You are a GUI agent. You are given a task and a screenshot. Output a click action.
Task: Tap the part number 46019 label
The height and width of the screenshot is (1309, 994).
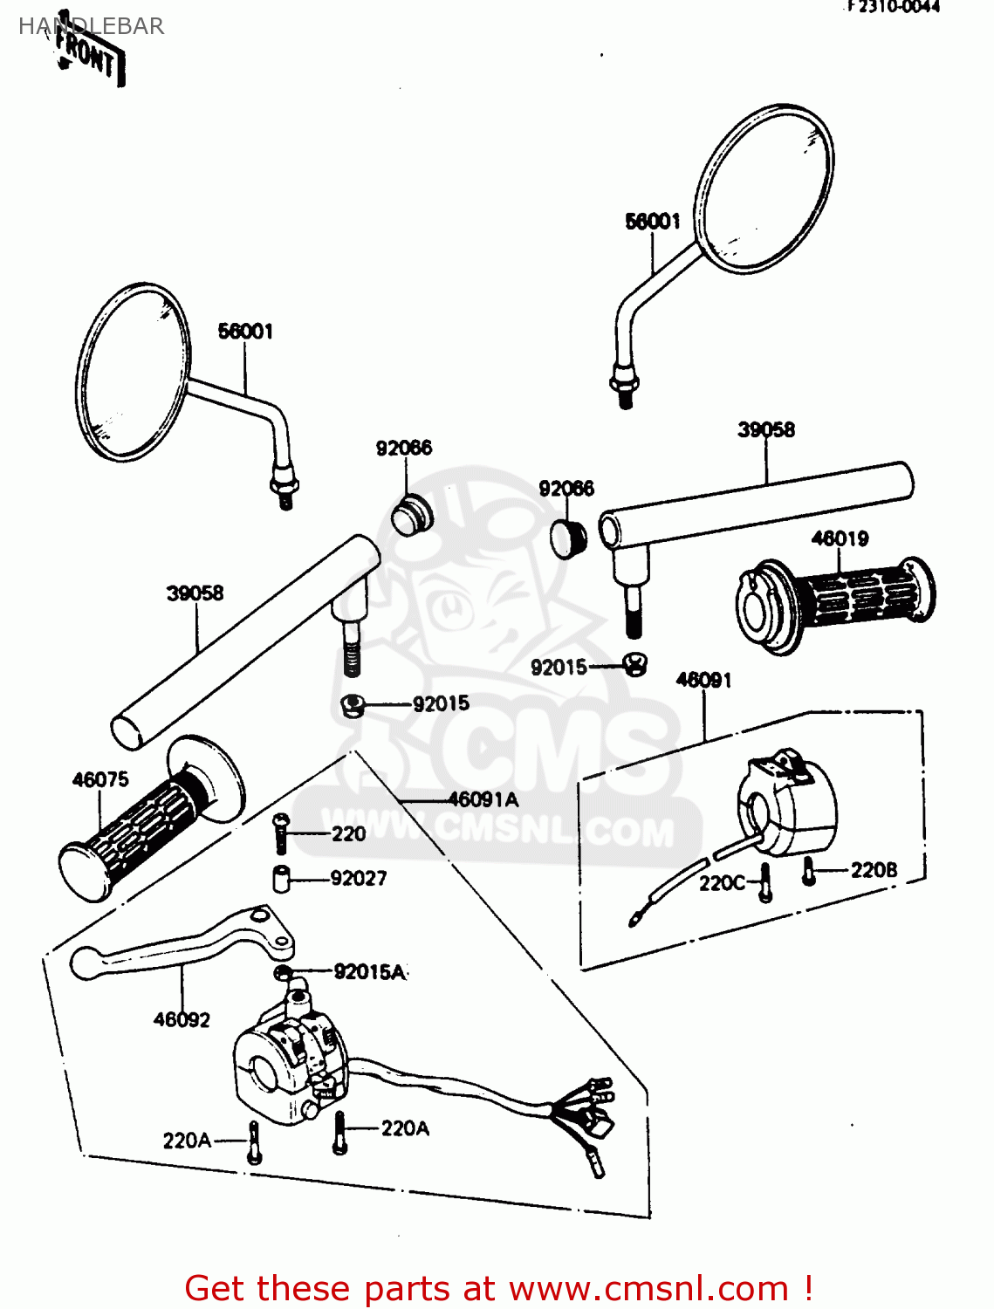[840, 538]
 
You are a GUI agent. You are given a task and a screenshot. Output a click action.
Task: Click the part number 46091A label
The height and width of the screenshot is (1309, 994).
[483, 798]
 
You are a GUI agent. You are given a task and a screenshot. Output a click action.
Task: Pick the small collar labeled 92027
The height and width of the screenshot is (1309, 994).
[282, 878]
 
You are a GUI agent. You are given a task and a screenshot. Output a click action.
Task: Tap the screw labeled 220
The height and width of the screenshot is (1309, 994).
[280, 833]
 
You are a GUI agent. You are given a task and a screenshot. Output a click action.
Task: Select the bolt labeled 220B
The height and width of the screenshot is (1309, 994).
[808, 871]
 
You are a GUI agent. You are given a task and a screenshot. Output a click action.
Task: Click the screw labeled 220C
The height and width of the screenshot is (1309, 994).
[765, 882]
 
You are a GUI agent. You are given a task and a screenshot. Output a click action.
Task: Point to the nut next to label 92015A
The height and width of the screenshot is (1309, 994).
[283, 973]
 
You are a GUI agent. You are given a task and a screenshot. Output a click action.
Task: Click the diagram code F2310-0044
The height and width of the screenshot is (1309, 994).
[893, 7]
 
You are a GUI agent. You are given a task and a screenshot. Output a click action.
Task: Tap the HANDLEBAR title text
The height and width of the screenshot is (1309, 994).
[92, 26]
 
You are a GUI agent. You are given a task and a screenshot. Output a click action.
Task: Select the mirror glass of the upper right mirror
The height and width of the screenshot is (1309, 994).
[764, 188]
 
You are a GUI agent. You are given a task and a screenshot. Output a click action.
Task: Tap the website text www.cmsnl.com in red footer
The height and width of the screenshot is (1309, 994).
[648, 1288]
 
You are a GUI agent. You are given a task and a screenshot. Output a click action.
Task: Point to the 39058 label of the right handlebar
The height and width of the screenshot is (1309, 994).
[766, 429]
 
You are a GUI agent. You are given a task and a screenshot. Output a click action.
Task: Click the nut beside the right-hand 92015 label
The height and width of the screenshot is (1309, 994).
[635, 666]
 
